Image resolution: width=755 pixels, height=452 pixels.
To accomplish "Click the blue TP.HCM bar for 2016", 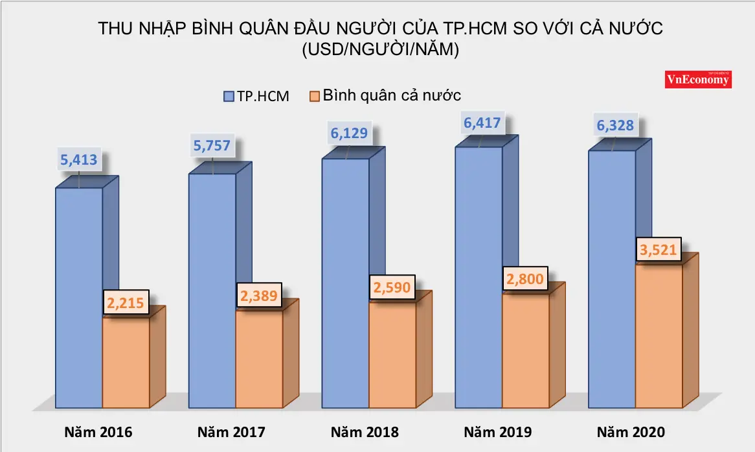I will (78, 298).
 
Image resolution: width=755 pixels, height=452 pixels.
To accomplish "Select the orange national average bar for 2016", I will (126, 363).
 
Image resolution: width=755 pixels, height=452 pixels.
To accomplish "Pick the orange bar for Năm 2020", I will (659, 337).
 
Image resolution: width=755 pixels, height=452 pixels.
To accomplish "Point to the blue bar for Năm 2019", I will (479, 279).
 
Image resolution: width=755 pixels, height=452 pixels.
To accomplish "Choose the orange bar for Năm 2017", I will (259, 360).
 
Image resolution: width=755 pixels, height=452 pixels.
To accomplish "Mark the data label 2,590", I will (392, 286).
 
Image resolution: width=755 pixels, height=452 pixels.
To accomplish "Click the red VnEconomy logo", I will (699, 79).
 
